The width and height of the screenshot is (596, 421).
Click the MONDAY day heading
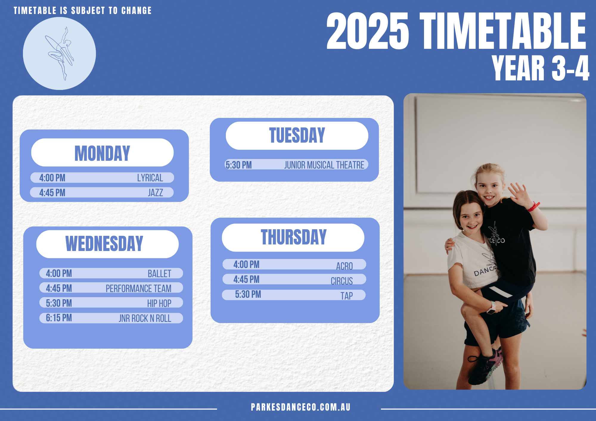102,153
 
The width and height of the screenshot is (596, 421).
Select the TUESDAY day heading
297,135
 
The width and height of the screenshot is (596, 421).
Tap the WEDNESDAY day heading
104,244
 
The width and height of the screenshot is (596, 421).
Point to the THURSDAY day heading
294,237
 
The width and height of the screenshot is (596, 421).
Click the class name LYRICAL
150,178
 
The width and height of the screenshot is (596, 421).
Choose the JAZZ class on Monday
156,193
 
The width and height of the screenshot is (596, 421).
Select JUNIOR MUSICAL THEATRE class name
324,165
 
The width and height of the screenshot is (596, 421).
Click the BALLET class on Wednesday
159,274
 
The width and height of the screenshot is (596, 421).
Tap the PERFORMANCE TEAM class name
139,289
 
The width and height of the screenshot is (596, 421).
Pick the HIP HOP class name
159,303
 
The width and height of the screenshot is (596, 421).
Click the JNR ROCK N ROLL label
145,318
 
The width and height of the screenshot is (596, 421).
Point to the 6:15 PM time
59,318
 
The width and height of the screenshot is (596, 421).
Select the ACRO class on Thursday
344,266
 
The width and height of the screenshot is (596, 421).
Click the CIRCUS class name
342,281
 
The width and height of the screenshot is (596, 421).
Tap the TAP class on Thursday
347,296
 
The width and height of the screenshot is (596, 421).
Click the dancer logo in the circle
60,54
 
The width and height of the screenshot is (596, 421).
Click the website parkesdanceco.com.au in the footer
301,407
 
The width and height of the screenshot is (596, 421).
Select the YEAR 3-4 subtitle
540,68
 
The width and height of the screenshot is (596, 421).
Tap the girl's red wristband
533,206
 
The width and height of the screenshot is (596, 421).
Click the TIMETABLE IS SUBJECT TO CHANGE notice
83,11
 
